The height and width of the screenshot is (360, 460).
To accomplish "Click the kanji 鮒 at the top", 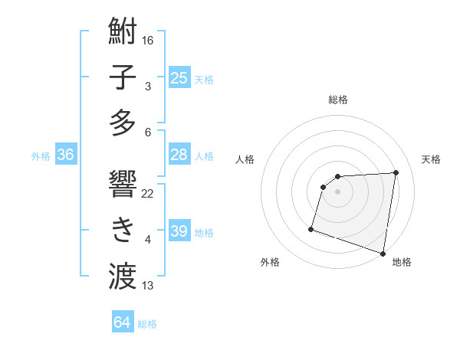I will [x=123, y=34].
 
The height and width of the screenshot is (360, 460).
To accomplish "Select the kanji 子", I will [x=123, y=77].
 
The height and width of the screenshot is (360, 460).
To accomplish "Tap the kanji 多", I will [x=123, y=122].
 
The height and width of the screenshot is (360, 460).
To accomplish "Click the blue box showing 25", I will [x=179, y=77].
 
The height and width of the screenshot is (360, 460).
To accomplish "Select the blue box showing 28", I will [x=179, y=155].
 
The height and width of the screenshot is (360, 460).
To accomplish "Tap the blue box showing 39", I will [x=179, y=231].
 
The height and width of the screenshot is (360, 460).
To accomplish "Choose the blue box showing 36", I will [x=65, y=155].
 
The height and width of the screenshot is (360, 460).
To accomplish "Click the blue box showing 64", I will [x=122, y=322].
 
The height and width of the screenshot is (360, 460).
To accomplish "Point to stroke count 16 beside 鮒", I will [x=148, y=40].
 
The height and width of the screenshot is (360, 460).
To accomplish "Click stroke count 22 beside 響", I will [x=148, y=193].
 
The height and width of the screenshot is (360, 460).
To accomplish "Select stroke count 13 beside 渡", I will [x=148, y=286].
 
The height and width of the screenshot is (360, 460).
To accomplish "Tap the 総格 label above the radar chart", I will [x=338, y=100].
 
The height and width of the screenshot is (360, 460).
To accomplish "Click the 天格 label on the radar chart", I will [x=432, y=159].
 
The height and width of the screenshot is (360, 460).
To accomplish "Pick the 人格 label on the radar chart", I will [x=245, y=159].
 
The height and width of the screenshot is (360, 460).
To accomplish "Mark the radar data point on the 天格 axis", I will [x=396, y=172].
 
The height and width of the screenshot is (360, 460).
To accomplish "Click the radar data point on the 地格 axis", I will [x=383, y=253].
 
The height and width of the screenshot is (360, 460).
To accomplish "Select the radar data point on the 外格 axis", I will [x=311, y=228].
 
